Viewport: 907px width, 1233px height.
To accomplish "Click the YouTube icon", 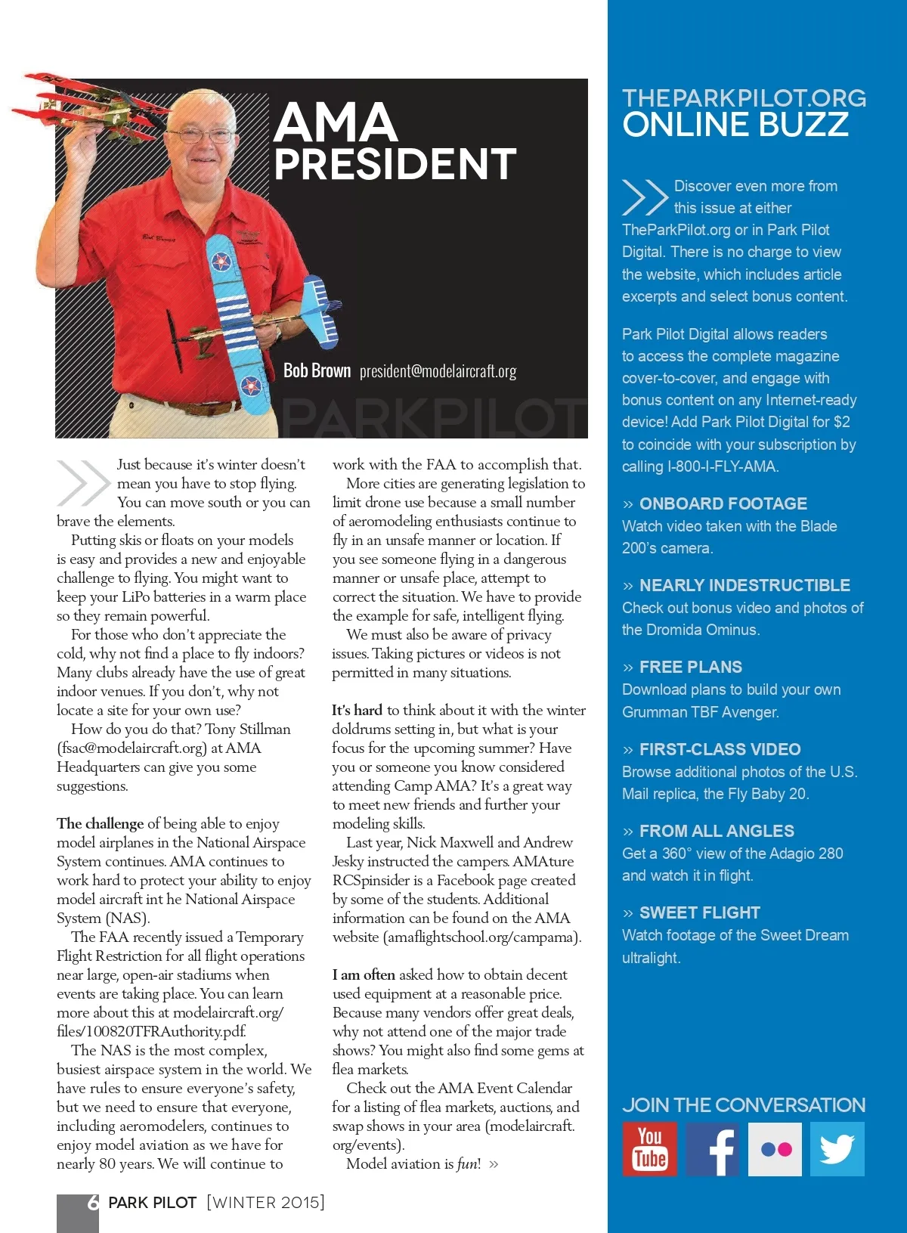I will click(x=649, y=1148).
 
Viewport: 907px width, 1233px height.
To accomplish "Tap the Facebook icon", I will click(x=712, y=1148).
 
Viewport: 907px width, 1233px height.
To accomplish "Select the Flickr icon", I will click(x=775, y=1149).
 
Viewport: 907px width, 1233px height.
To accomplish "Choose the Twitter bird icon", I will click(x=837, y=1149).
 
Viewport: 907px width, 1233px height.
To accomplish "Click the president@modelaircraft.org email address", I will click(x=438, y=371).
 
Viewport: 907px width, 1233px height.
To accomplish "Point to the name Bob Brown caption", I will click(x=317, y=370).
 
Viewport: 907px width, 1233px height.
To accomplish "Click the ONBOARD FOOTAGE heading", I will click(x=723, y=503).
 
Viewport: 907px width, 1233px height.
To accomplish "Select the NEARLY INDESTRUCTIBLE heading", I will click(x=744, y=585).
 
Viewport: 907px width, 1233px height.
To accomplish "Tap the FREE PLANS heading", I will click(x=690, y=667).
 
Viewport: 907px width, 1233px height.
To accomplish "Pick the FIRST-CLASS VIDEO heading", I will click(x=720, y=749).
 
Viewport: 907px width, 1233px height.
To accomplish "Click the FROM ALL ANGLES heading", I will click(x=717, y=831).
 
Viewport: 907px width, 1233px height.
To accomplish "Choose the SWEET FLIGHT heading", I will click(x=699, y=912).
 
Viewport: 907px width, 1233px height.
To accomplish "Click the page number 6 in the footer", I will click(x=93, y=1202).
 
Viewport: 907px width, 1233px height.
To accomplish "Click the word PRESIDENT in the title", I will click(x=395, y=164).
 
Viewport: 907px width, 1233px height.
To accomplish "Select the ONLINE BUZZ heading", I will click(x=735, y=125).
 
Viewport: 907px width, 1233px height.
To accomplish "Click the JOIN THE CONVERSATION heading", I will click(x=744, y=1104).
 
